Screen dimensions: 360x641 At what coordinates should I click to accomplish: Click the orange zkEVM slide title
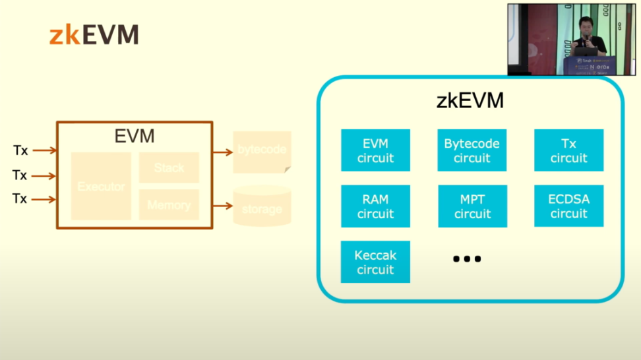[x=94, y=35]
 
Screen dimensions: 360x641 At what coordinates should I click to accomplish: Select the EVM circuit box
[x=375, y=150]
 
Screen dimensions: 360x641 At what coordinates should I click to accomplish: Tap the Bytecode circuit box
[x=472, y=150]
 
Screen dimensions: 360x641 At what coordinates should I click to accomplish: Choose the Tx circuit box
[x=568, y=150]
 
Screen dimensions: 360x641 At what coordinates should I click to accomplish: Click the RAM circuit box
[x=375, y=206]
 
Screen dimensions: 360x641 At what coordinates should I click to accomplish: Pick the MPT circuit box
[x=472, y=206]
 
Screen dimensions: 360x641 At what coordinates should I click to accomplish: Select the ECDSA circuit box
[x=568, y=206]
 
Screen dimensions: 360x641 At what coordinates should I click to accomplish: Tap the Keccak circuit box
[x=375, y=262]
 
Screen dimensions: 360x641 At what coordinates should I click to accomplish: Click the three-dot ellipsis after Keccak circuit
[x=467, y=259]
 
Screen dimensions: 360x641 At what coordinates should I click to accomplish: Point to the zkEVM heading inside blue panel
[x=470, y=101]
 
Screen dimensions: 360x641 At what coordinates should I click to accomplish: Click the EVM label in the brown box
[x=135, y=136]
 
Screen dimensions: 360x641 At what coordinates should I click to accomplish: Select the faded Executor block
[x=101, y=187]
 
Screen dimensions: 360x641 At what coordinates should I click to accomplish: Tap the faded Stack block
[x=169, y=167]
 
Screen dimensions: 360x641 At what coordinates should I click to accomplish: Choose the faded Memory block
[x=169, y=205]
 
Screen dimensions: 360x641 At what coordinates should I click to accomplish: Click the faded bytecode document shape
[x=262, y=151]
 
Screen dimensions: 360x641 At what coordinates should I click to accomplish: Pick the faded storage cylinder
[x=262, y=206]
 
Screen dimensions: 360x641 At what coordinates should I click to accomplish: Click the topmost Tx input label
[x=20, y=150]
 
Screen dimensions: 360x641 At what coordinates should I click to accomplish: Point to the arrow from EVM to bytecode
[x=223, y=151]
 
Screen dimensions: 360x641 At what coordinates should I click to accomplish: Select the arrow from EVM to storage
[x=223, y=206]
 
